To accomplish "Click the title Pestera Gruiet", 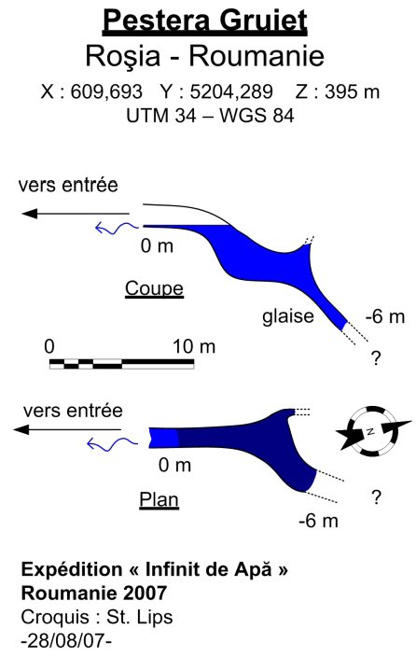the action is pos(205,21).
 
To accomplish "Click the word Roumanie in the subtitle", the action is pos(257,56).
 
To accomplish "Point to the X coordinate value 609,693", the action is pos(106,91).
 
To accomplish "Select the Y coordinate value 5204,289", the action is pos(231,91).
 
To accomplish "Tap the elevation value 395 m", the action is pos(352,91).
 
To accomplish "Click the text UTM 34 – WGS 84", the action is pos(210,115).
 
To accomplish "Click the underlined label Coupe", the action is pos(154,288).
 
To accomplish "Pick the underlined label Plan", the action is pos(159,499).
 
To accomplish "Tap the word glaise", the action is pos(288,316).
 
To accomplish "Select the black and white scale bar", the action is pos(121,364).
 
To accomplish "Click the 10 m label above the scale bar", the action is pos(194,346).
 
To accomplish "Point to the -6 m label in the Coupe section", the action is pos(385,316).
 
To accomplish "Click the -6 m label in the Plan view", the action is pos(318,521).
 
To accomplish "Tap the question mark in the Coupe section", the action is pos(376,358).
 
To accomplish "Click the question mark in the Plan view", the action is pos(376,496).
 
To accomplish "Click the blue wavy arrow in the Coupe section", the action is pos(117,229).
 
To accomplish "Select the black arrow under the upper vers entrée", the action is pos(76,214).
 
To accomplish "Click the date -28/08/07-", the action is pos(66,641).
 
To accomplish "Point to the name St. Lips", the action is pos(140,618).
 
